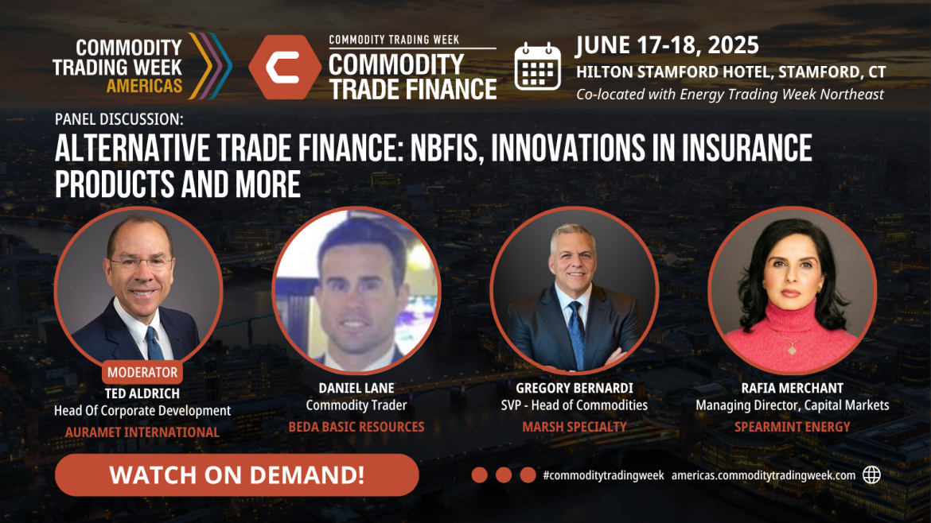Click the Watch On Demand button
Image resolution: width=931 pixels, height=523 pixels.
(x=237, y=475)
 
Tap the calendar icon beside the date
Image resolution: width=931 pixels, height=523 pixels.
(x=537, y=67)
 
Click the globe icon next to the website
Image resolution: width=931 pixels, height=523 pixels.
(x=871, y=475)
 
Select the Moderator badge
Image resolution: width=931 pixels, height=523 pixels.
(x=142, y=373)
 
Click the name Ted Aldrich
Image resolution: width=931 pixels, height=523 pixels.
(x=142, y=393)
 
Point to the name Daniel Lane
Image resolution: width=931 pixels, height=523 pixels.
(x=356, y=388)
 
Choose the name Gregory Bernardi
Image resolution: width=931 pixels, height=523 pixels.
(x=575, y=388)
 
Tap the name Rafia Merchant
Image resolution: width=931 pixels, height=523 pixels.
(x=792, y=388)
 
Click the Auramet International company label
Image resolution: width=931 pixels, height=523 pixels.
(x=142, y=432)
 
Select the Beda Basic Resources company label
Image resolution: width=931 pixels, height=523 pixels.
(x=356, y=426)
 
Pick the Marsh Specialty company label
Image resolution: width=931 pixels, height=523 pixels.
(x=575, y=426)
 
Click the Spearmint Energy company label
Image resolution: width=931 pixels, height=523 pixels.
(x=792, y=426)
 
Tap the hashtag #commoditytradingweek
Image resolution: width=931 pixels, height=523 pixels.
(x=603, y=475)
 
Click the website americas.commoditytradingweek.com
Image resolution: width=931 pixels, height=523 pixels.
(x=764, y=475)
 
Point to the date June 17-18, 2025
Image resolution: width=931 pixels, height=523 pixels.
(x=667, y=45)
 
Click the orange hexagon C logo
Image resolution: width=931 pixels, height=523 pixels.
(x=285, y=67)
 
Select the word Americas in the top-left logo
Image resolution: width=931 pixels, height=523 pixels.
(x=144, y=86)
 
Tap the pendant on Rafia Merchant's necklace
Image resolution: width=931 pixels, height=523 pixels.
(x=792, y=351)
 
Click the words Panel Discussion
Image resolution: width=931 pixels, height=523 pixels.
(x=119, y=119)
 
